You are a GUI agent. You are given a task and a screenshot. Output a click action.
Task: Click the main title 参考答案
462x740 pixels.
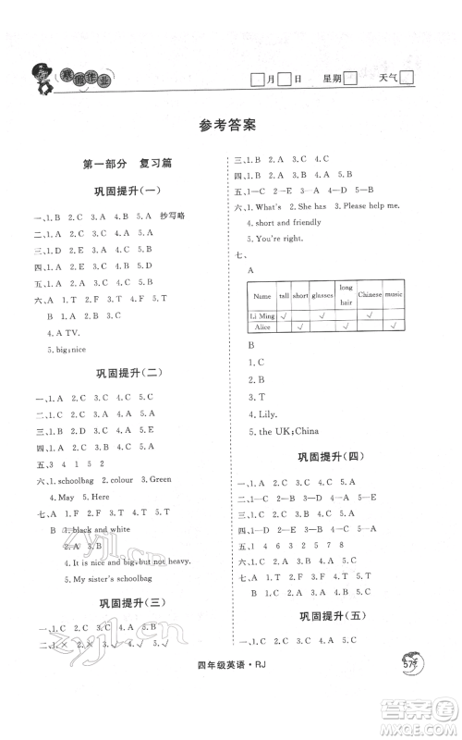(231, 126)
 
